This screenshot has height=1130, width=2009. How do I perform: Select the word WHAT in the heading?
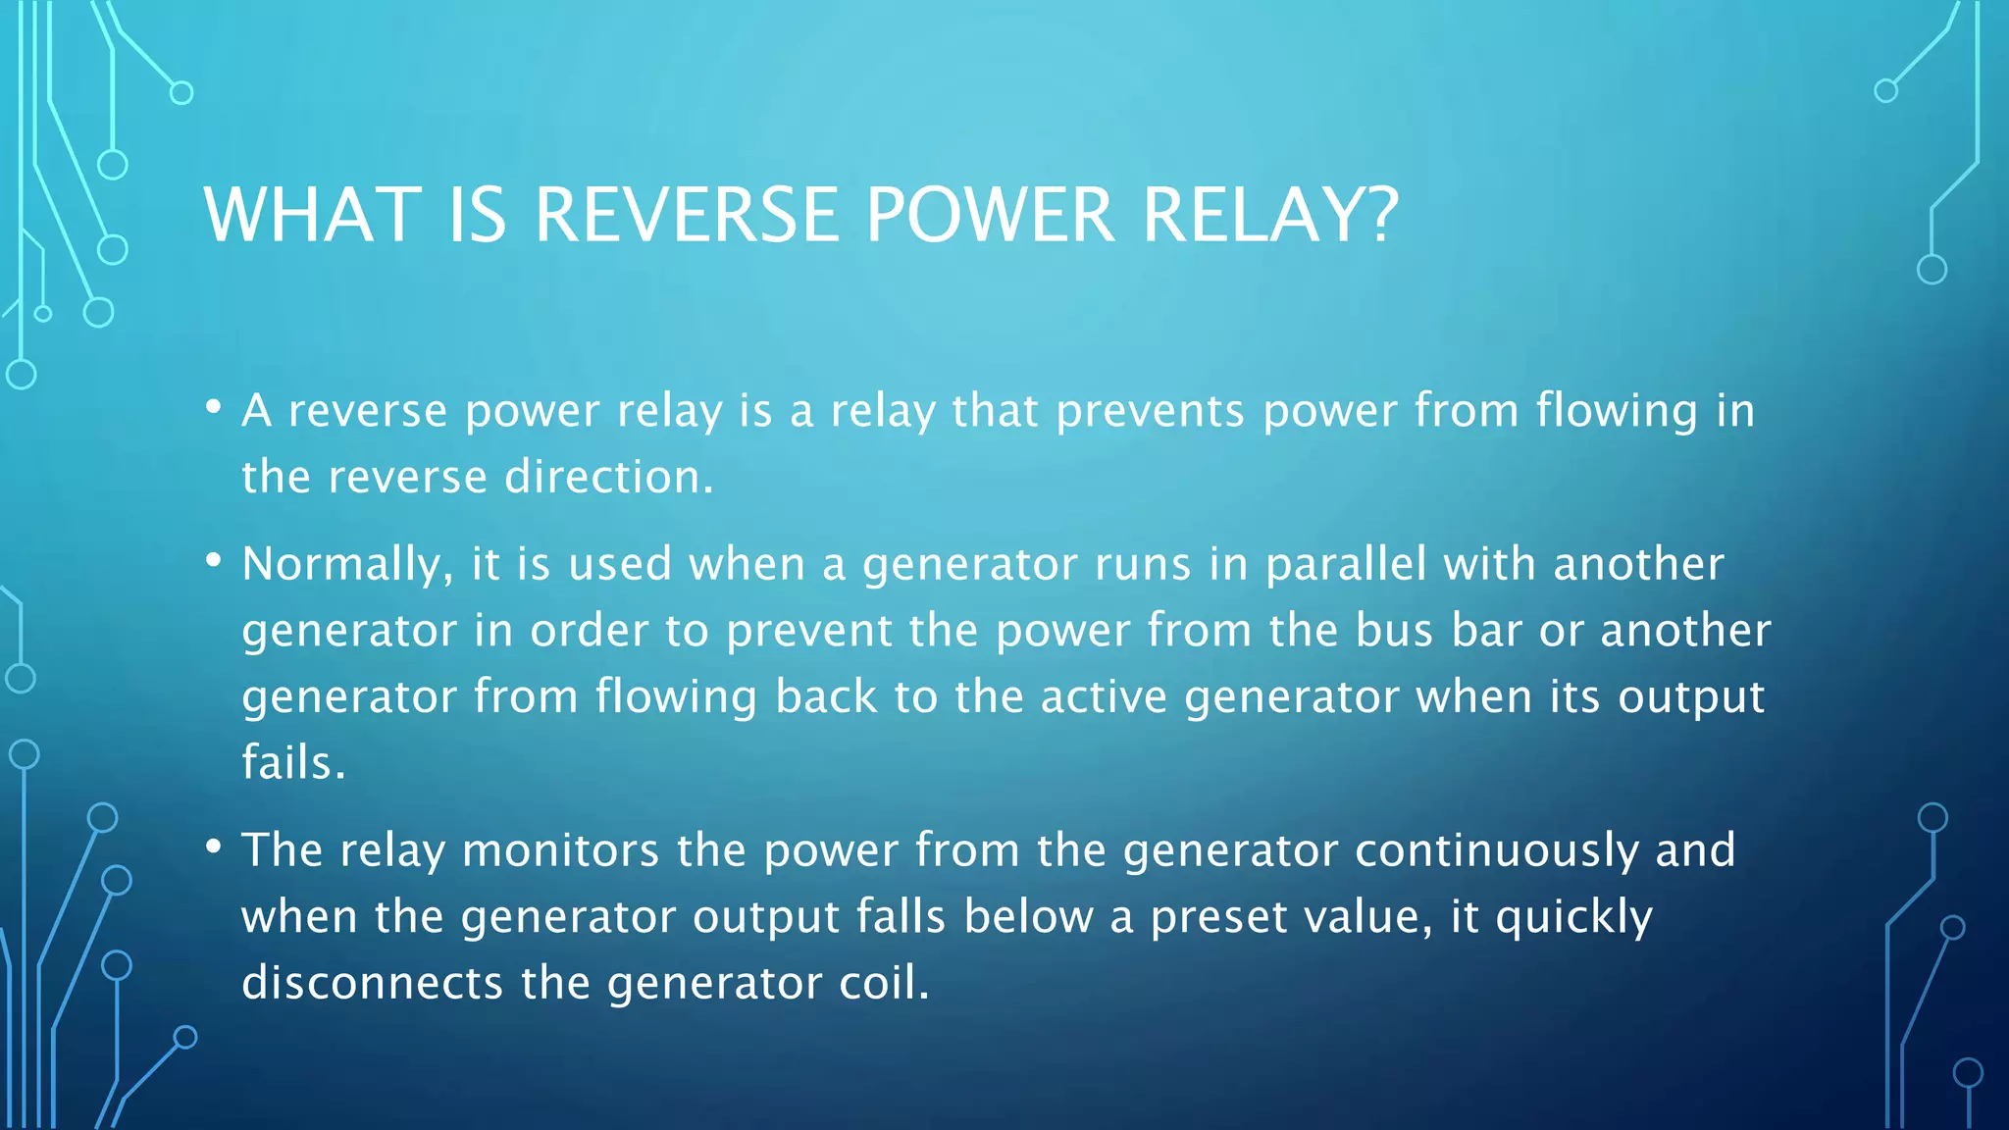pyautogui.click(x=313, y=215)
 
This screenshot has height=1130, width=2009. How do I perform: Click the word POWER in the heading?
pyautogui.click(x=990, y=215)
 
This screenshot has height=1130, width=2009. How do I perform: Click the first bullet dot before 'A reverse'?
pyautogui.click(x=213, y=407)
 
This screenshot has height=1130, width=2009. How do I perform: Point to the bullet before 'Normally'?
pyautogui.click(x=213, y=561)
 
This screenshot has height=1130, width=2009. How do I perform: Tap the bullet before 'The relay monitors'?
pyautogui.click(x=213, y=847)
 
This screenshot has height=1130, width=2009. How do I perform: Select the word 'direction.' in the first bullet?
pyautogui.click(x=608, y=478)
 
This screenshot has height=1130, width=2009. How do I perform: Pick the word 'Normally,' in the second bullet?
pyautogui.click(x=348, y=565)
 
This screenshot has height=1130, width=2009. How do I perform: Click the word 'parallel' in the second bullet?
pyautogui.click(x=1346, y=565)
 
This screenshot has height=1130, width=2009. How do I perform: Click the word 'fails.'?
pyautogui.click(x=293, y=762)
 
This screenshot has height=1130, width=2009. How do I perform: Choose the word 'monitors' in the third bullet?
pyautogui.click(x=560, y=850)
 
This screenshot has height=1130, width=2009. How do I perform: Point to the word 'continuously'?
pyautogui.click(x=1497, y=851)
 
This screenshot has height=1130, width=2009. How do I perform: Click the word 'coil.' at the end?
pyautogui.click(x=883, y=983)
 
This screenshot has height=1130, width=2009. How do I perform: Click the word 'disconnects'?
pyautogui.click(x=373, y=983)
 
